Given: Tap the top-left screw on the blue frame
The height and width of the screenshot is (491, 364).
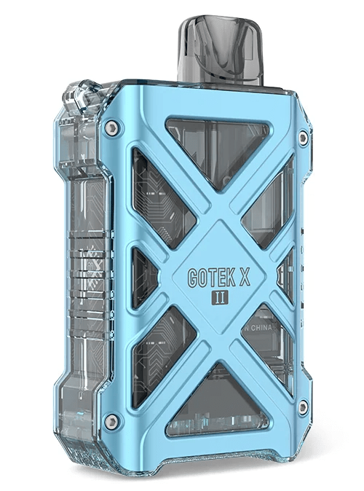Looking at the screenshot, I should (111, 129).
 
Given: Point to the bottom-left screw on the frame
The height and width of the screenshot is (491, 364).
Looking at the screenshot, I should (111, 420).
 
